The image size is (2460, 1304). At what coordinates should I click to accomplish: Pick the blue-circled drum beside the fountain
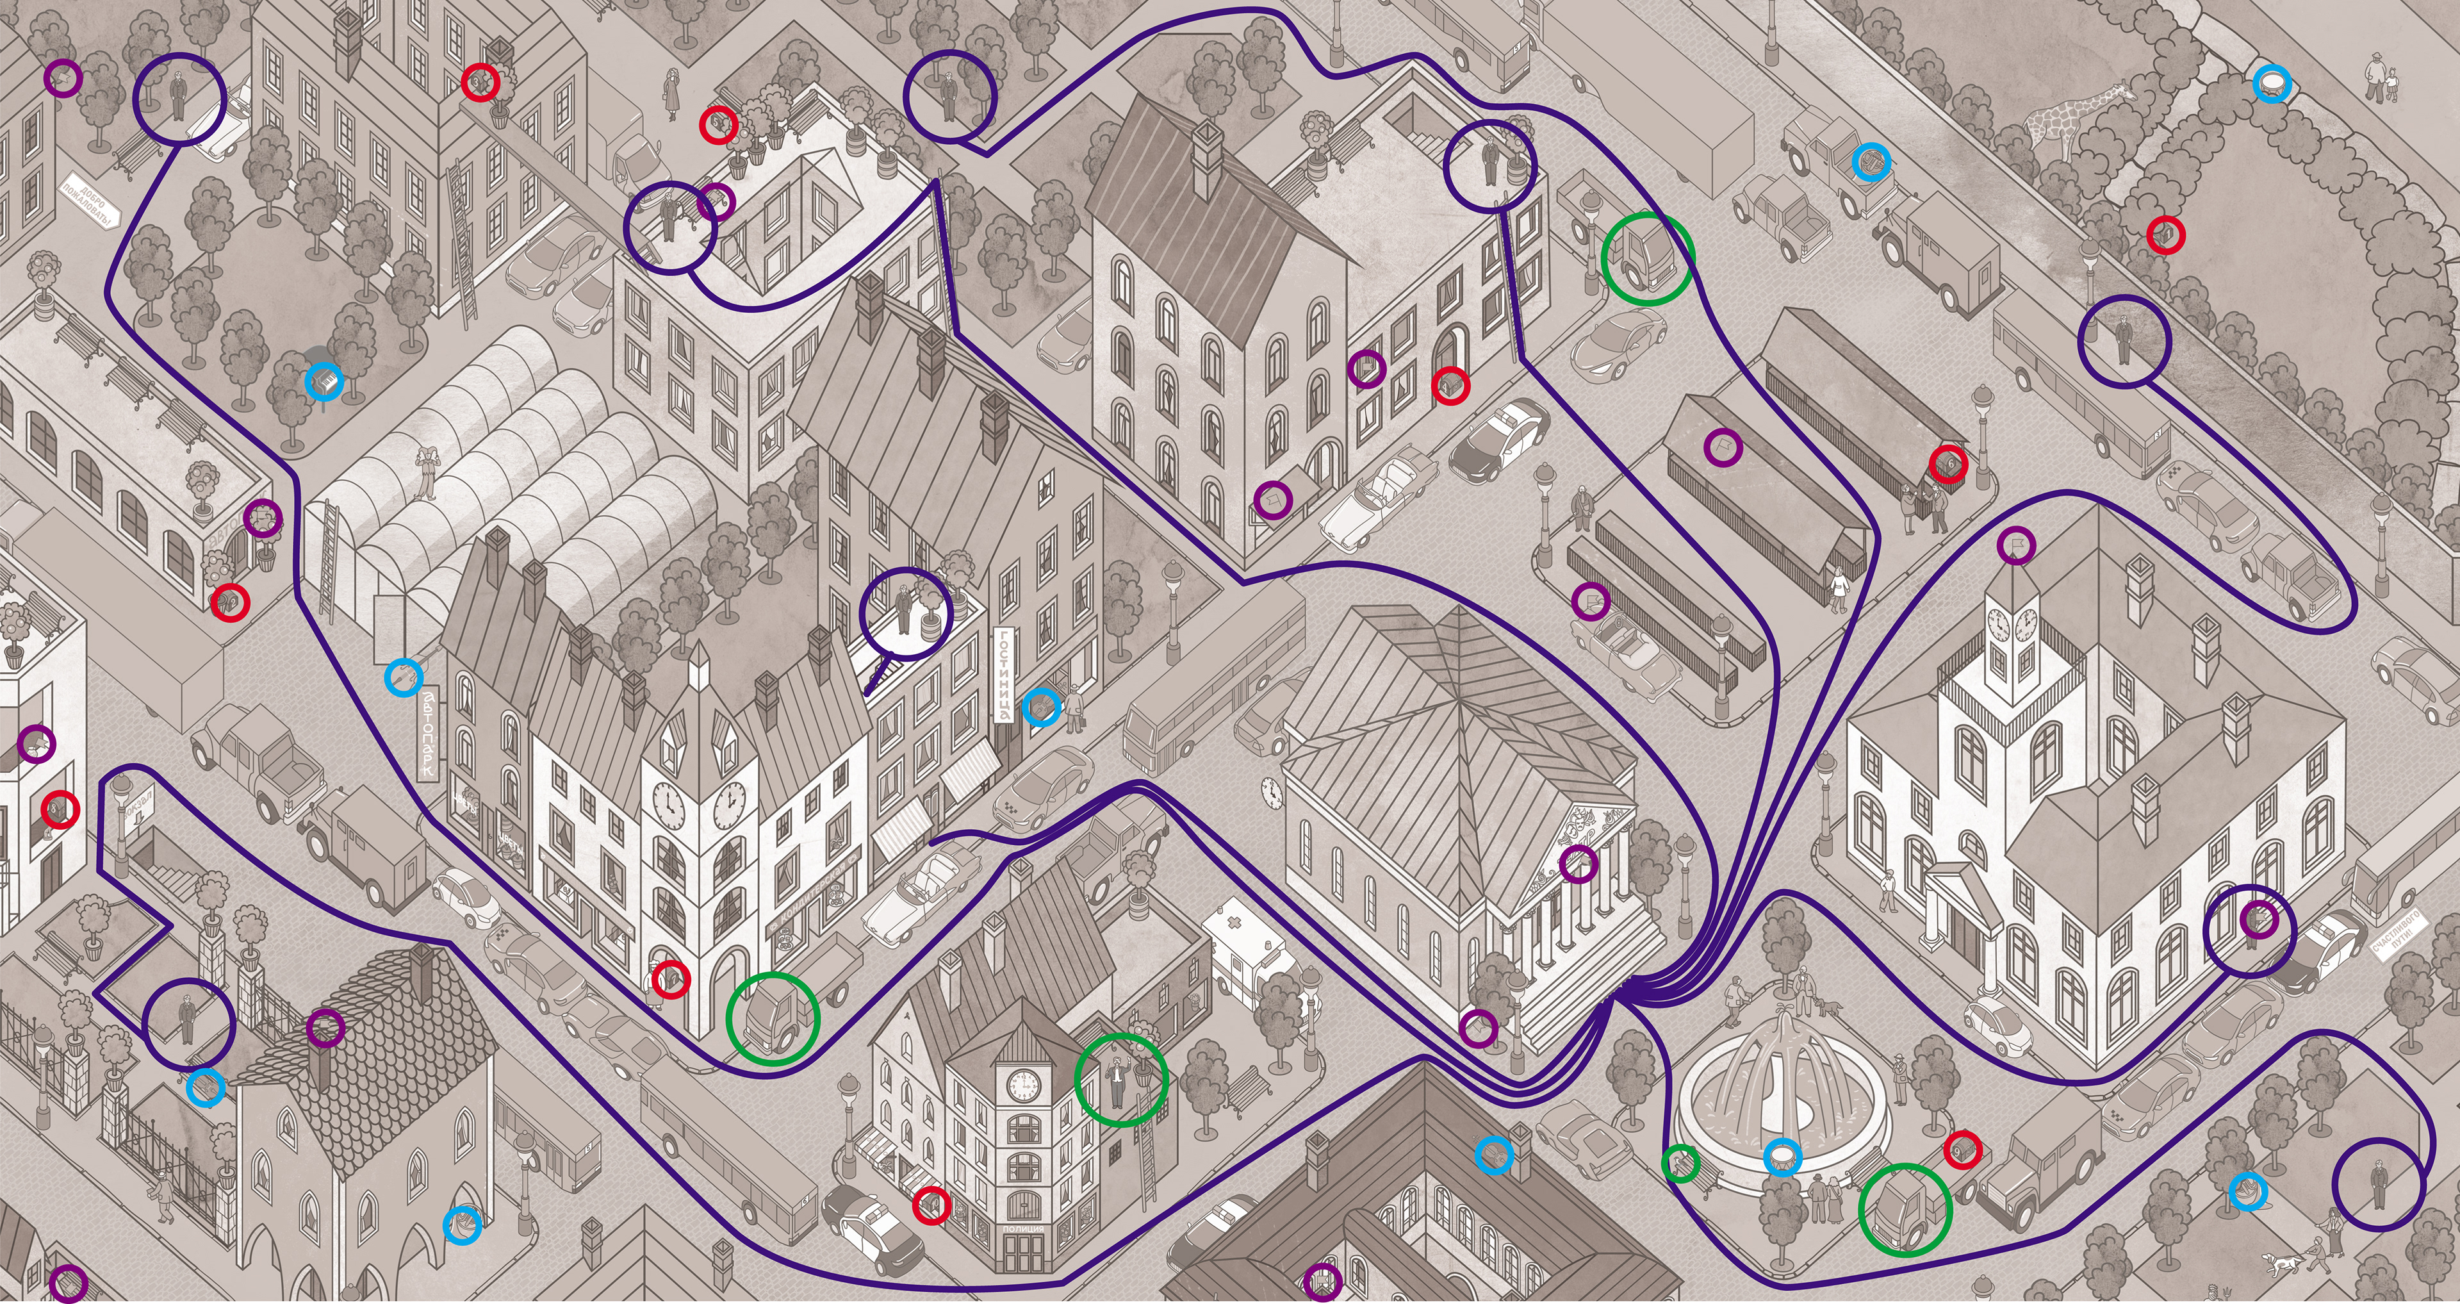click(x=1781, y=1157)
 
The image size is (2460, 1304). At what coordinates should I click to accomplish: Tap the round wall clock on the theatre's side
click(x=1270, y=791)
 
